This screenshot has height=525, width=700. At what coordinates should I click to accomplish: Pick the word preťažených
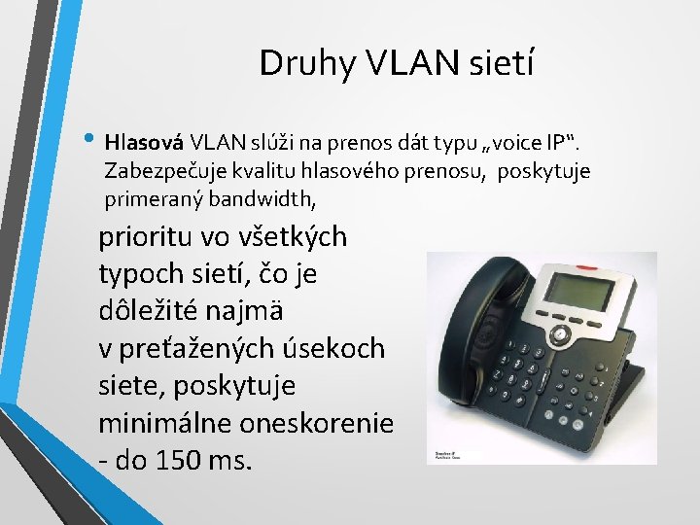[206, 348]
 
